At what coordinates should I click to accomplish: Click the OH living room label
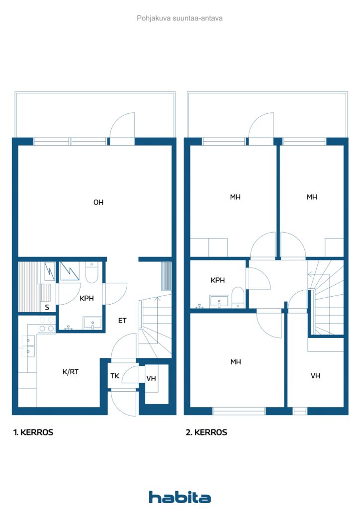98,202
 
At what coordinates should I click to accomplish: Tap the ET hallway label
122,321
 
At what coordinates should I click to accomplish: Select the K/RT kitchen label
71,372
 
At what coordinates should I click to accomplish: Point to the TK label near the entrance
114,376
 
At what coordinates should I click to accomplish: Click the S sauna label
47,307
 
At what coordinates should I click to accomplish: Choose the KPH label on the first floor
87,298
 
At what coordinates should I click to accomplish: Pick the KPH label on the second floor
217,280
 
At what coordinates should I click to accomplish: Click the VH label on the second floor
315,376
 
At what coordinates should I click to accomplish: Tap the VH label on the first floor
151,378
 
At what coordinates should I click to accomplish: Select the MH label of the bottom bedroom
236,362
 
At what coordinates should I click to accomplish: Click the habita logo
180,497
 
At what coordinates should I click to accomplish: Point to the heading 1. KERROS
33,432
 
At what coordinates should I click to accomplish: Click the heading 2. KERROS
206,432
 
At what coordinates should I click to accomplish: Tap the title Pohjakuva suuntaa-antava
180,18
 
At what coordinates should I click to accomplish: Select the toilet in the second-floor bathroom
238,297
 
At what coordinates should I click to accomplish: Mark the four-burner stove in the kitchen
46,324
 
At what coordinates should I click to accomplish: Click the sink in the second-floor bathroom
219,301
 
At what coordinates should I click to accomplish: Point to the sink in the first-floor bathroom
92,323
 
